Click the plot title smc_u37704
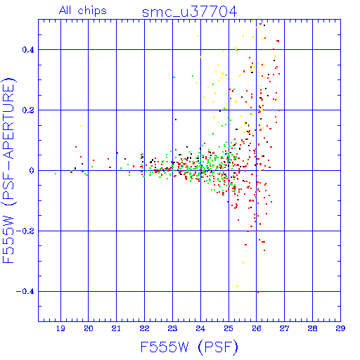pyautogui.click(x=189, y=12)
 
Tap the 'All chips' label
pyautogui.click(x=83, y=11)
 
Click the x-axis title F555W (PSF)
pyautogui.click(x=189, y=347)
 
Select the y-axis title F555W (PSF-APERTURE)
pyautogui.click(x=8, y=171)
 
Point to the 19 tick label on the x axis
pyautogui.click(x=60, y=328)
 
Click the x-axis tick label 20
pyautogui.click(x=89, y=328)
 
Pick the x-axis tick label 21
pyautogui.click(x=116, y=328)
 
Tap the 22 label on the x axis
pyautogui.click(x=144, y=328)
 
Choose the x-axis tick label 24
pyautogui.click(x=200, y=328)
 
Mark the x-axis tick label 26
pyautogui.click(x=257, y=328)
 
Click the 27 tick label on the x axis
pyautogui.click(x=284, y=328)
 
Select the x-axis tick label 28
pyautogui.click(x=312, y=328)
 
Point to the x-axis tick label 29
pyautogui.click(x=340, y=328)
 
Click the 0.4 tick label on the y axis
pyautogui.click(x=28, y=49)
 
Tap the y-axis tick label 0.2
pyautogui.click(x=28, y=110)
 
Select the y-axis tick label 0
pyautogui.click(x=32, y=170)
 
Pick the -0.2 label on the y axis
pyautogui.click(x=25, y=231)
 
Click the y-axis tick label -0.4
pyautogui.click(x=25, y=292)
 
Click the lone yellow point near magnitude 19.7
pyautogui.click(x=81, y=126)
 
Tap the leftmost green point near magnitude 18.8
pyautogui.click(x=56, y=174)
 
